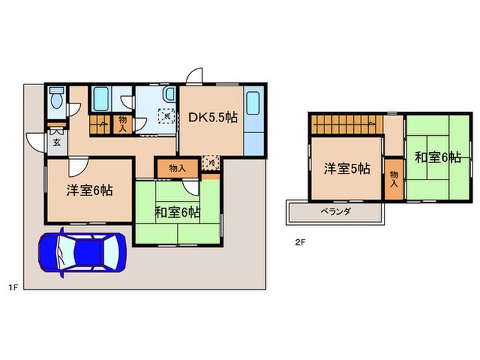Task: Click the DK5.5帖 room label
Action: (x=213, y=117)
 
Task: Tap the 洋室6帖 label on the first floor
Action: (x=89, y=191)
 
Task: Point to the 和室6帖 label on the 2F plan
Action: (x=436, y=157)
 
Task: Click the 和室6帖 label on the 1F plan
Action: (x=177, y=213)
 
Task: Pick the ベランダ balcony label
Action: (x=335, y=212)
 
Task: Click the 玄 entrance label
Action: (x=56, y=142)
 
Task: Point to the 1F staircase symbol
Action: (x=99, y=128)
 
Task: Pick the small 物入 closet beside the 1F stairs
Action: (x=122, y=123)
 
